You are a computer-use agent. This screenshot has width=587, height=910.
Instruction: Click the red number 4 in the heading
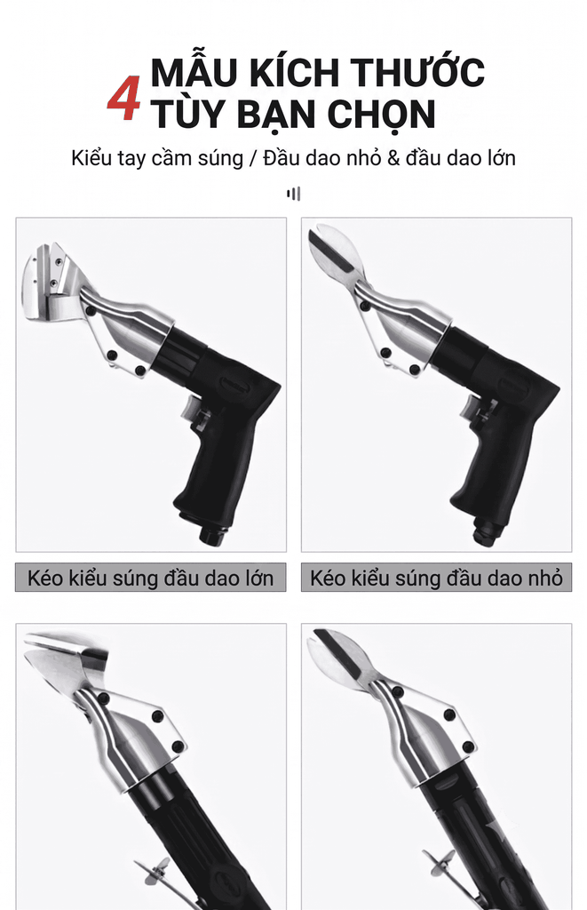[x=124, y=98]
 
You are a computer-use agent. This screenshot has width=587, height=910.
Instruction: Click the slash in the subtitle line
[x=252, y=158]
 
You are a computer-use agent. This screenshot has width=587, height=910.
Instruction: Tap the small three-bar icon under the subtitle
[x=293, y=193]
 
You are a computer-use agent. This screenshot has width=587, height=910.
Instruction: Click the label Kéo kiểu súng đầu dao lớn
[x=151, y=578]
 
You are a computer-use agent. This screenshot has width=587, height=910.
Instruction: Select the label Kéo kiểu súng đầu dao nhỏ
[x=436, y=578]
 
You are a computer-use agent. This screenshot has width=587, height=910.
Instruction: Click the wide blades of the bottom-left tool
[x=65, y=661]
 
